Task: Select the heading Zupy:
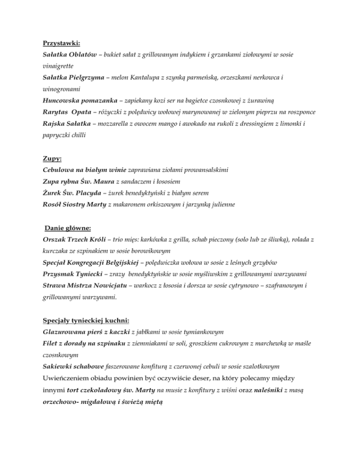tap(50, 158)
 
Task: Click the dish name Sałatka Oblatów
tap(67, 55)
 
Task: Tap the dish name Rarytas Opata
tap(63, 112)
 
